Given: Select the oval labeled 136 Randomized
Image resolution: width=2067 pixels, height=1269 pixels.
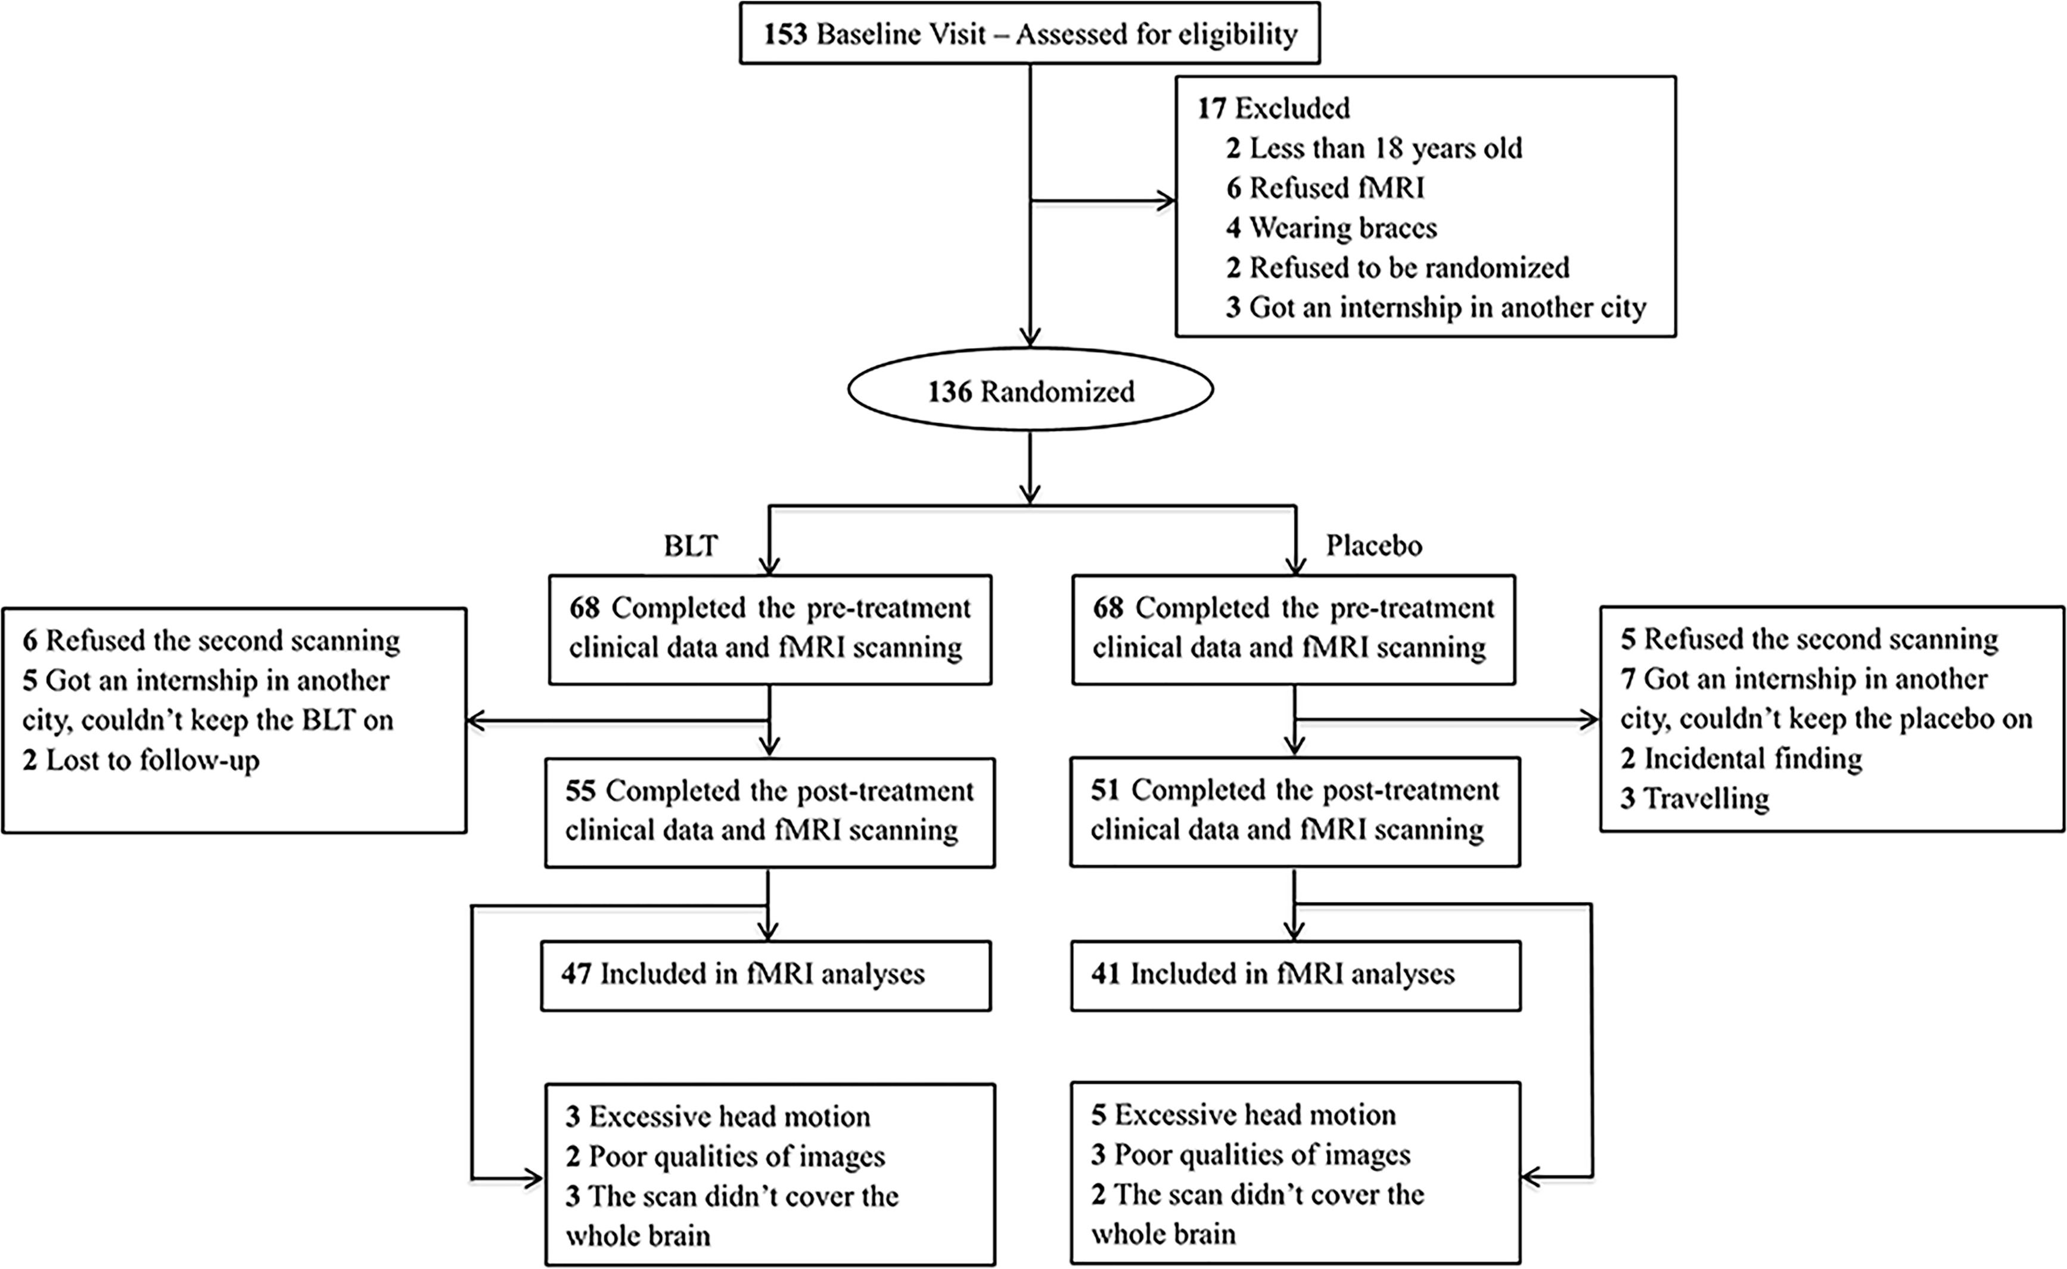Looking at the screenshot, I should [x=1030, y=391].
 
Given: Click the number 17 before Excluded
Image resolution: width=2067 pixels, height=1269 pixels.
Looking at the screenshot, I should [x=1212, y=108].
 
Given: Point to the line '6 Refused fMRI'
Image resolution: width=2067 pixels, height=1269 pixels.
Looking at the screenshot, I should [x=1325, y=188].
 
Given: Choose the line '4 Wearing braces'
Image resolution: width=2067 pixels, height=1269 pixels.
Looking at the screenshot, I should [x=1331, y=228].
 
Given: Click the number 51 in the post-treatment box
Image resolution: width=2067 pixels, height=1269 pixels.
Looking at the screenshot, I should [x=1106, y=790].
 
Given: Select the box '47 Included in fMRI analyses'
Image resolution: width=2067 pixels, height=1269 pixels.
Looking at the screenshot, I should [x=766, y=975].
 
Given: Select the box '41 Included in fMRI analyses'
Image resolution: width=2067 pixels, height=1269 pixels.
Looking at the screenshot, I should [x=1295, y=975].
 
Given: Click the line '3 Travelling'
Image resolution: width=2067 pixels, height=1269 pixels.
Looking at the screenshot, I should [x=1695, y=798].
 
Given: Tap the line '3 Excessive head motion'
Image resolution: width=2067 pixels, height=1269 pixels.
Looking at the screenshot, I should [x=718, y=1117].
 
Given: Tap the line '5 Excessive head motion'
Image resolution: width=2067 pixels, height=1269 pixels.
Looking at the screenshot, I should [x=1243, y=1115].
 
